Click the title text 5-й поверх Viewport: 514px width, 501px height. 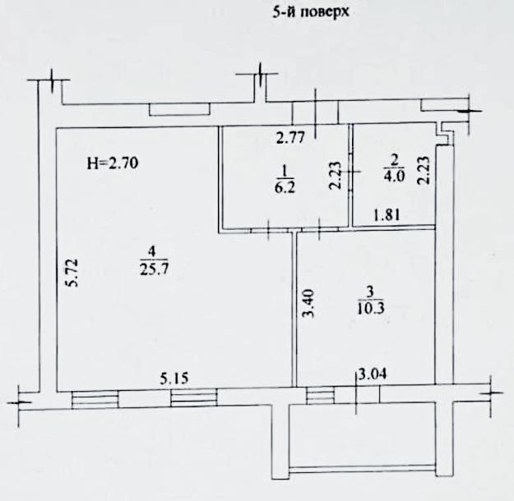(311, 12)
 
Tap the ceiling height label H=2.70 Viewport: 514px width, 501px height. (113, 163)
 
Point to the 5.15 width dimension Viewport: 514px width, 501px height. (174, 379)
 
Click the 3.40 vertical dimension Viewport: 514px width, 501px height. (308, 303)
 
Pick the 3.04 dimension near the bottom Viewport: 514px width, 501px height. (373, 374)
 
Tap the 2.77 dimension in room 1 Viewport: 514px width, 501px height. (291, 137)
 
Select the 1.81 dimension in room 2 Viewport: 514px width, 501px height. (387, 215)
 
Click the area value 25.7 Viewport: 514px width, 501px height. (154, 269)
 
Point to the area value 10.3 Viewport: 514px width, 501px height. (371, 308)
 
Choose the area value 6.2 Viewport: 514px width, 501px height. (285, 188)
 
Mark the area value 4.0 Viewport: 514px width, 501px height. (395, 176)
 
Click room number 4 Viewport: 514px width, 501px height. (152, 252)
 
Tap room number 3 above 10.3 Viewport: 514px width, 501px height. (370, 292)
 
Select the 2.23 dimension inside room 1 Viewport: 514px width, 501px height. (336, 175)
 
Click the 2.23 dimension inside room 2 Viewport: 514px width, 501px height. (424, 171)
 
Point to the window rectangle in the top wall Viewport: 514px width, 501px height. (179, 109)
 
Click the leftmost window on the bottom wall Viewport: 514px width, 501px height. (95, 399)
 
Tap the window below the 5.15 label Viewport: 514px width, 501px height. (194, 398)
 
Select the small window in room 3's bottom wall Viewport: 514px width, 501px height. (321, 395)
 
